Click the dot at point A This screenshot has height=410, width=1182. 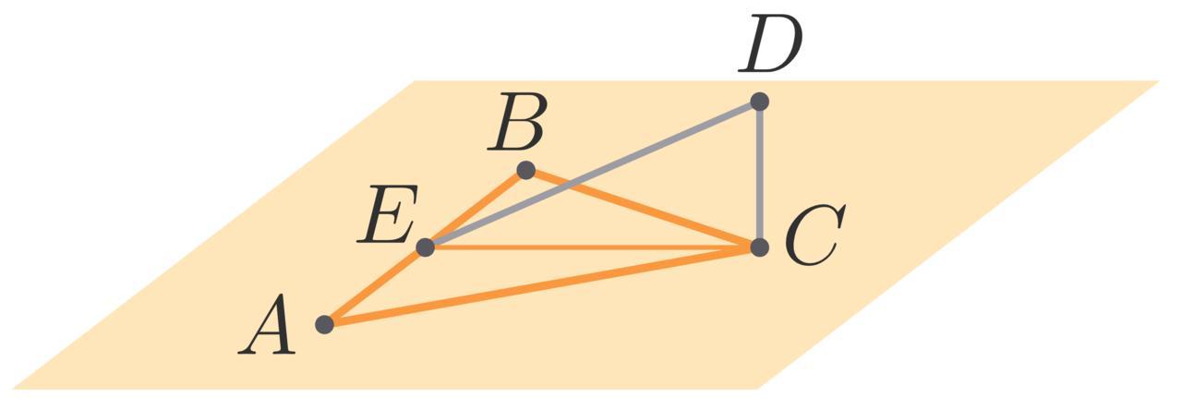coord(324,324)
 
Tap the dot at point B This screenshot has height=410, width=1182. coord(525,170)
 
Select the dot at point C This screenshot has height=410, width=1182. coord(759,247)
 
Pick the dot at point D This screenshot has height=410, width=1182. coord(759,102)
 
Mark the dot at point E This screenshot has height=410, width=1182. coord(425,247)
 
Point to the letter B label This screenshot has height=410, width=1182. coord(519,124)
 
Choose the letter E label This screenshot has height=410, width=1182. coord(388,215)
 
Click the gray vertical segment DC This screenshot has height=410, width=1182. coord(759,175)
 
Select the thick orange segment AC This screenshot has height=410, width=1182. coord(545,285)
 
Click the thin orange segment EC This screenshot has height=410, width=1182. coord(591,247)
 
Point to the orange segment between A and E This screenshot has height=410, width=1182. coord(374,286)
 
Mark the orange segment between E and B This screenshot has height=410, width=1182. coord(476,209)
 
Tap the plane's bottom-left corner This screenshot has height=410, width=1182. coord(13,389)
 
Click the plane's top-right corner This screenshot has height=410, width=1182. coord(1159,81)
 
